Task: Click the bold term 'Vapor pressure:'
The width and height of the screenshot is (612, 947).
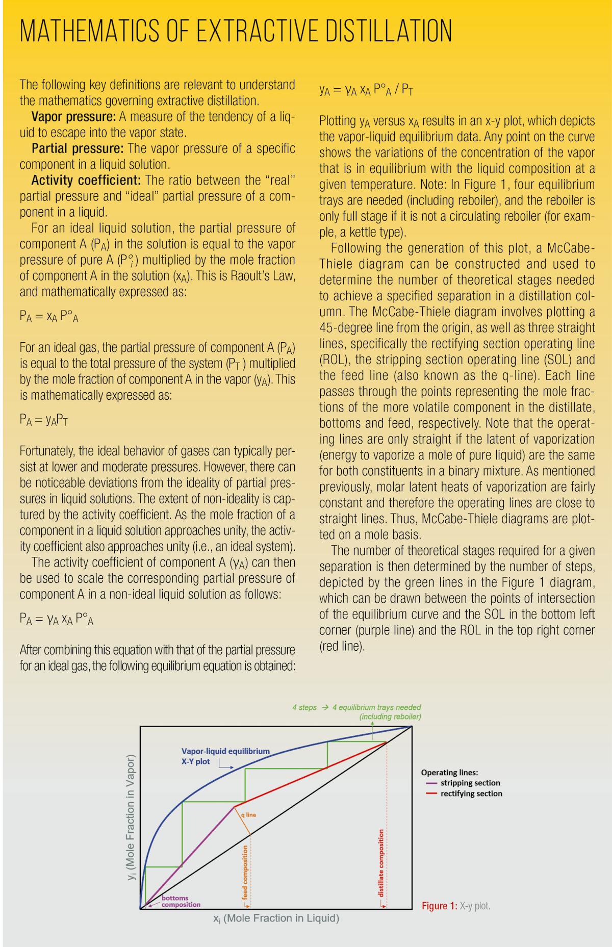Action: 74,117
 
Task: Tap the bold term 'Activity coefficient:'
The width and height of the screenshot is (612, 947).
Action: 86,181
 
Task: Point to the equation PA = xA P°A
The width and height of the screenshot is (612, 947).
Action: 49,316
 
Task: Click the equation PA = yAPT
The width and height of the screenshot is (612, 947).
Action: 44,420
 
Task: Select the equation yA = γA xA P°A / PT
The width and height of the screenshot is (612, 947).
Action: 366,90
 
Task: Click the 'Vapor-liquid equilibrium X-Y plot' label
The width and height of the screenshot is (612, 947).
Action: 225,756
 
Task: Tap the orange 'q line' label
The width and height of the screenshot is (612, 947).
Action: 248,814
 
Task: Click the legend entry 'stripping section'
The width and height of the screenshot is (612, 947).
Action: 470,783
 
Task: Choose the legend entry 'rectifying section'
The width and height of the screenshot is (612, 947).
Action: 471,794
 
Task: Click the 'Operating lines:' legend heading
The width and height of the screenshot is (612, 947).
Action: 449,772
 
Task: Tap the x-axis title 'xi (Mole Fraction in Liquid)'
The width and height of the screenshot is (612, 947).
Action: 276,918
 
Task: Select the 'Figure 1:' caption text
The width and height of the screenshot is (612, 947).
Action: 439,906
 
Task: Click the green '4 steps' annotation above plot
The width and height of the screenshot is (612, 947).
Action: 304,707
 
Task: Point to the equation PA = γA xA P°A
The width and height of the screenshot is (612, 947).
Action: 56,619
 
